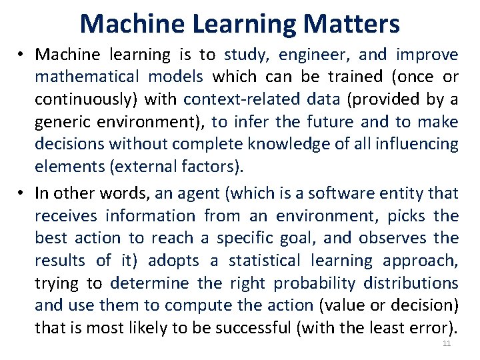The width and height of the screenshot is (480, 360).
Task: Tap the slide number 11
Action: pos(447,344)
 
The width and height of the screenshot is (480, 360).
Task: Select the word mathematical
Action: pos(88,77)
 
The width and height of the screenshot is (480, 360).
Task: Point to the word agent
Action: pos(197,193)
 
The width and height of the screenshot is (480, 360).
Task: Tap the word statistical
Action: pos(262,261)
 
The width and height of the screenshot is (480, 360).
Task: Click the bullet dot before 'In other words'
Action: pos(22,193)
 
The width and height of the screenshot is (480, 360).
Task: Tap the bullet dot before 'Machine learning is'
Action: pos(22,55)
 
